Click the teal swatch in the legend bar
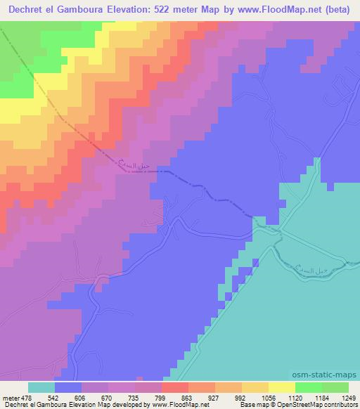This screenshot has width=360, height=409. tap(41, 387)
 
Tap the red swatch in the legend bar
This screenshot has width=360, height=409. tap(175, 387)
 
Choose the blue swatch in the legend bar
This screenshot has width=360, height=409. tap(68, 387)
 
